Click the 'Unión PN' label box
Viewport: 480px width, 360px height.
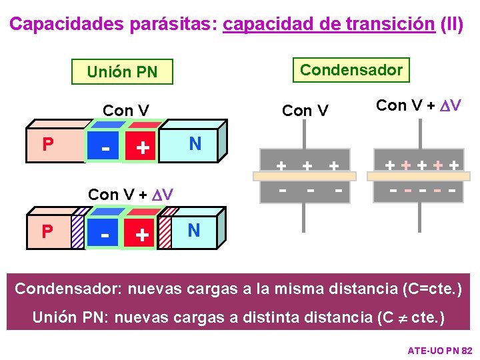coord(122,71)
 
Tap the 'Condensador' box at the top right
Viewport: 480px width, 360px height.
coord(351,70)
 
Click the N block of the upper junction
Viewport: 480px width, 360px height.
coord(194,144)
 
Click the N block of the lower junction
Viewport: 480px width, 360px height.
coord(194,231)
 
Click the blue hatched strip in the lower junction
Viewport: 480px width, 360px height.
coord(78,231)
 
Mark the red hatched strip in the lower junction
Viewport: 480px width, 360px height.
coord(169,231)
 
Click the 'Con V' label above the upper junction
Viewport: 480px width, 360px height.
coord(125,111)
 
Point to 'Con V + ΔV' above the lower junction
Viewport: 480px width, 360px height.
coord(131,195)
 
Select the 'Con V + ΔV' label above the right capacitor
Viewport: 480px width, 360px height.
coord(419,105)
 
